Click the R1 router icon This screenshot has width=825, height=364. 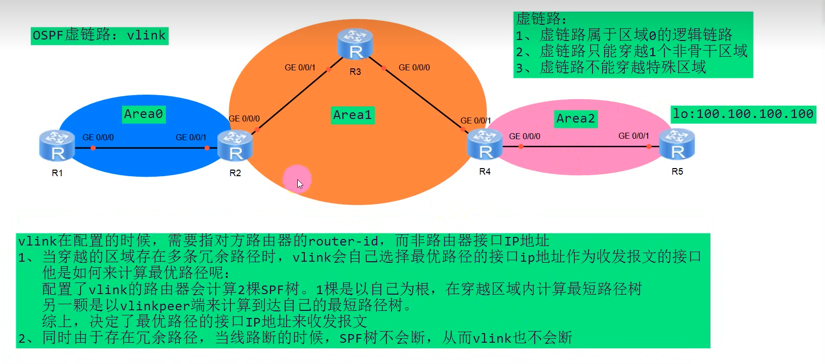pos(57,146)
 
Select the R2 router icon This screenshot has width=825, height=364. pos(234,146)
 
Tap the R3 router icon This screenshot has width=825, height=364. pos(356,44)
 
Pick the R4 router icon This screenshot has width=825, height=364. pos(485,144)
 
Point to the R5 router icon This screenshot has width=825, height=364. pos(677,144)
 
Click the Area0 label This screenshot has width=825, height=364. pos(143,114)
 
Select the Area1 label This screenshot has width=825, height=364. pos(352,115)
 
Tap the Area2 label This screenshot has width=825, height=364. pos(575,118)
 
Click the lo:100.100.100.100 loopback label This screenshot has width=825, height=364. pos(743,114)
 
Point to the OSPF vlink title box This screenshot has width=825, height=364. pos(99,35)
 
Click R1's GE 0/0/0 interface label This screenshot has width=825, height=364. pos(98,137)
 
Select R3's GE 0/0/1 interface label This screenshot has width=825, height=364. pos(300,67)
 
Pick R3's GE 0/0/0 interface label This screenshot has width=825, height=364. pos(414,67)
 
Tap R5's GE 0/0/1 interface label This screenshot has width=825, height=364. pos(634,136)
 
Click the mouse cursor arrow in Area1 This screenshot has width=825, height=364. pos(299,183)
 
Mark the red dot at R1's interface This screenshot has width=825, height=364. pos(93,148)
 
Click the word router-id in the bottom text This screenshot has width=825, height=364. pos(344,241)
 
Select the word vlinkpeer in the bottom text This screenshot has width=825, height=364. pos(155,305)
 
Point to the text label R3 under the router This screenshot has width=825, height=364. pos(355,72)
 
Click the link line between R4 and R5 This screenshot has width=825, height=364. pos(582,147)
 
